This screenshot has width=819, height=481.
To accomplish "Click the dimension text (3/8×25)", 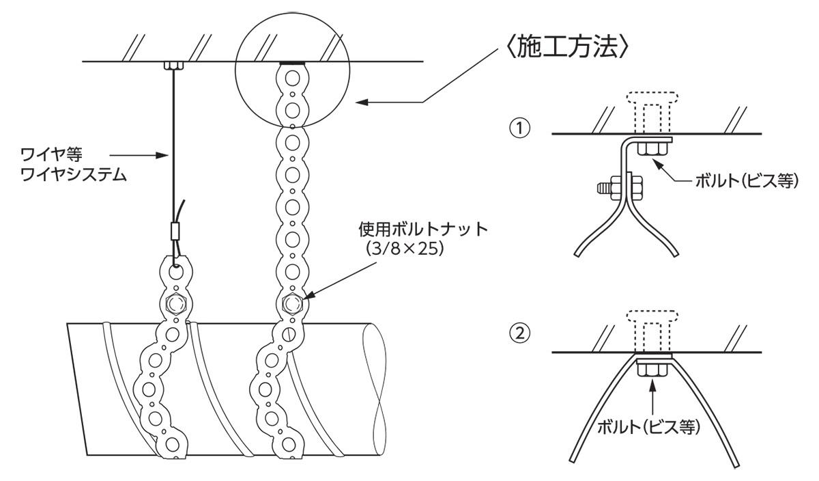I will pos(407,249).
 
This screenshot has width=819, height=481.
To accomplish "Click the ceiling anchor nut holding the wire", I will pos(174,66).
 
